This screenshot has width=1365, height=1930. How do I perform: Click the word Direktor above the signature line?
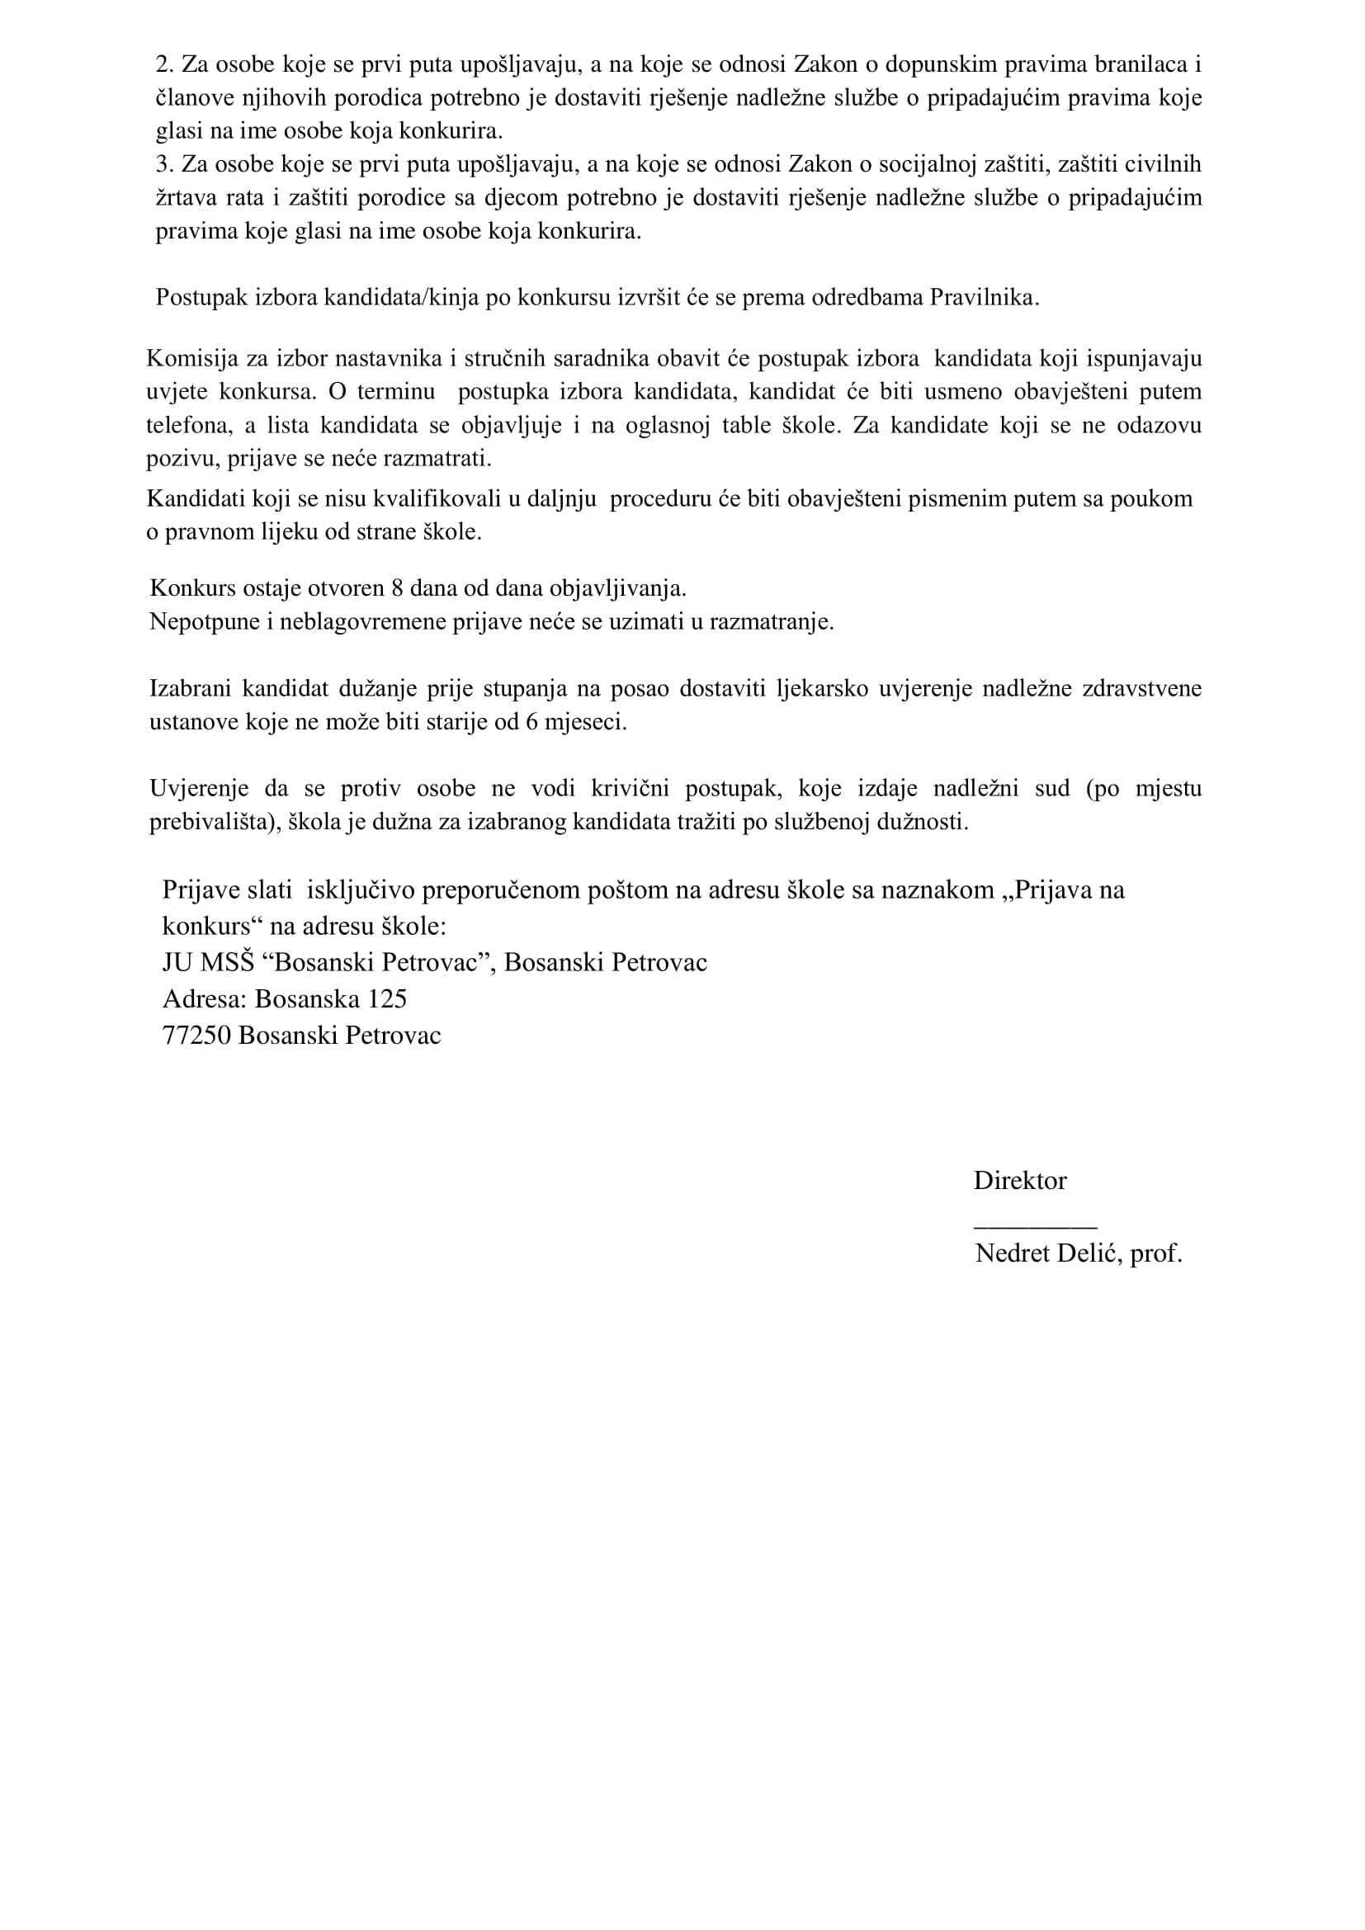coord(1019,1180)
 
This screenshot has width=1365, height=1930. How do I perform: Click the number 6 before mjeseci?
coord(531,722)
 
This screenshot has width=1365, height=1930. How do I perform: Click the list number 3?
coord(163,164)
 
